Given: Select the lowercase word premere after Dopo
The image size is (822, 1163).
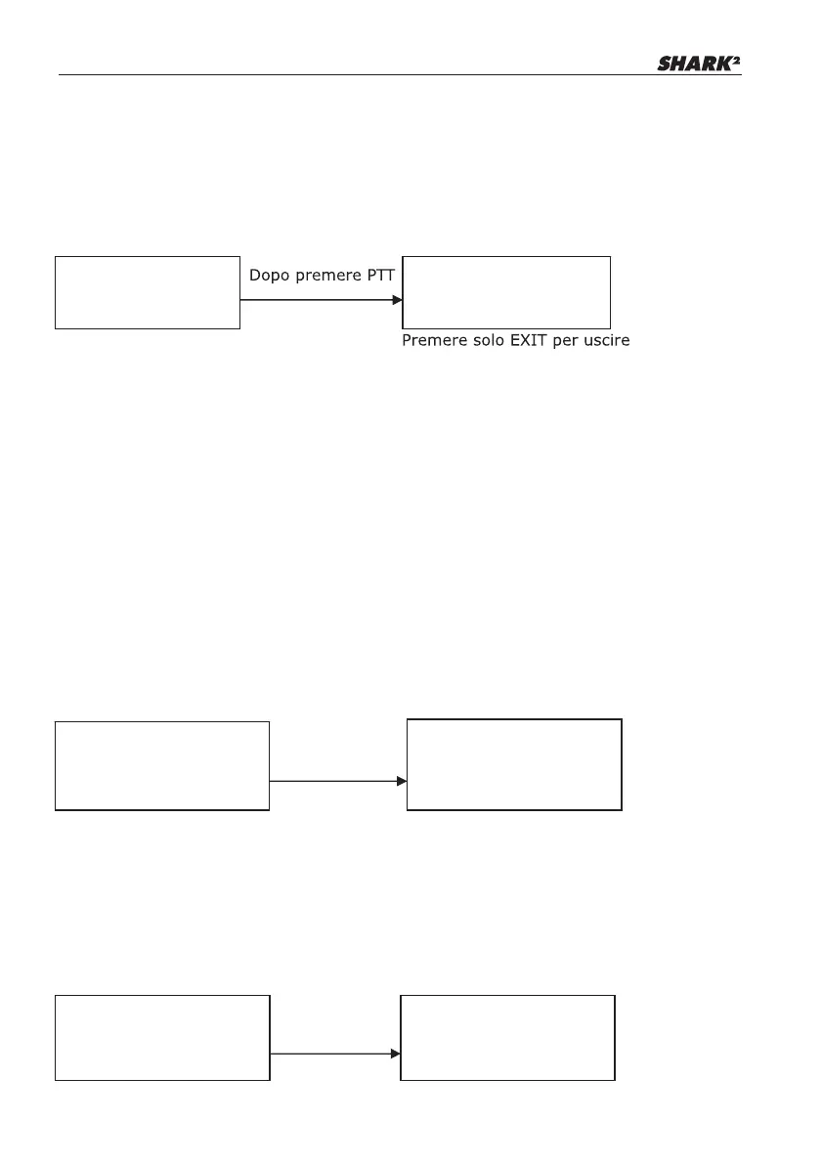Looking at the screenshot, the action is [x=327, y=277].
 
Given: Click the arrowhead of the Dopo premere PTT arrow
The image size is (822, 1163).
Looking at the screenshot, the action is [x=397, y=300].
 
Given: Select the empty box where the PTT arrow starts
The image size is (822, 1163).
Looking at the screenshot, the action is [x=147, y=292].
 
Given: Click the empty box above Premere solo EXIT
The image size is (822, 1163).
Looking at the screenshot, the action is [x=506, y=292].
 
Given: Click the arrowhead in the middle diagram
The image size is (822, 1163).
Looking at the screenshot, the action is [x=402, y=781].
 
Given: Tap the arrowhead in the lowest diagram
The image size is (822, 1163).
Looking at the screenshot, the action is [x=396, y=1054].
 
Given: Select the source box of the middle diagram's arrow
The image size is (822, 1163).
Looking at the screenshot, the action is [x=161, y=766].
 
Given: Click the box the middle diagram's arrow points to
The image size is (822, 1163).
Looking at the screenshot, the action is [x=514, y=764].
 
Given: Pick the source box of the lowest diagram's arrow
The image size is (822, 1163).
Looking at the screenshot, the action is [x=161, y=1037].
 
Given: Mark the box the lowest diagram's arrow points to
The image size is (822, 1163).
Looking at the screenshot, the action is [x=508, y=1037].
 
